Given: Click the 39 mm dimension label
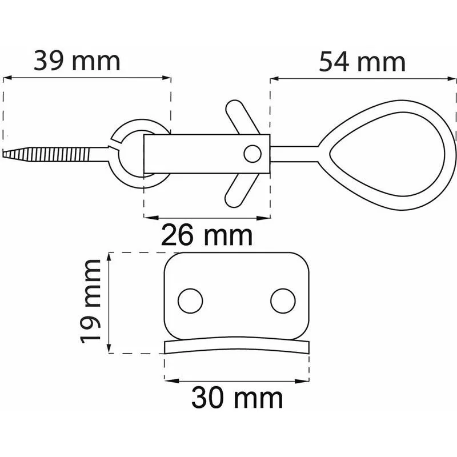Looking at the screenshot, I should (77, 61).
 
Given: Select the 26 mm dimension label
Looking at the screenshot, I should (206, 235).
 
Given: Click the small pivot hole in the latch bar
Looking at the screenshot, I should (251, 153).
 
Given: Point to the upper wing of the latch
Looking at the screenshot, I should (236, 114).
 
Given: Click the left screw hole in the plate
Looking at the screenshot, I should (190, 300).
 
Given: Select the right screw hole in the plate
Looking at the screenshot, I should (282, 300).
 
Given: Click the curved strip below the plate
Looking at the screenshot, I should (237, 347).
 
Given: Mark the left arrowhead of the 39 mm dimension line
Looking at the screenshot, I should (7, 78).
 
